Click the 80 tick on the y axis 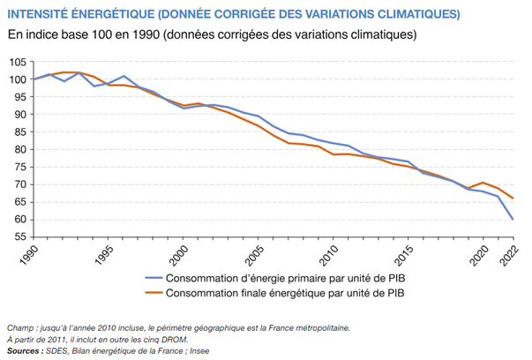coord(18,150)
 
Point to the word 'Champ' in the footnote coord(21,327)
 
